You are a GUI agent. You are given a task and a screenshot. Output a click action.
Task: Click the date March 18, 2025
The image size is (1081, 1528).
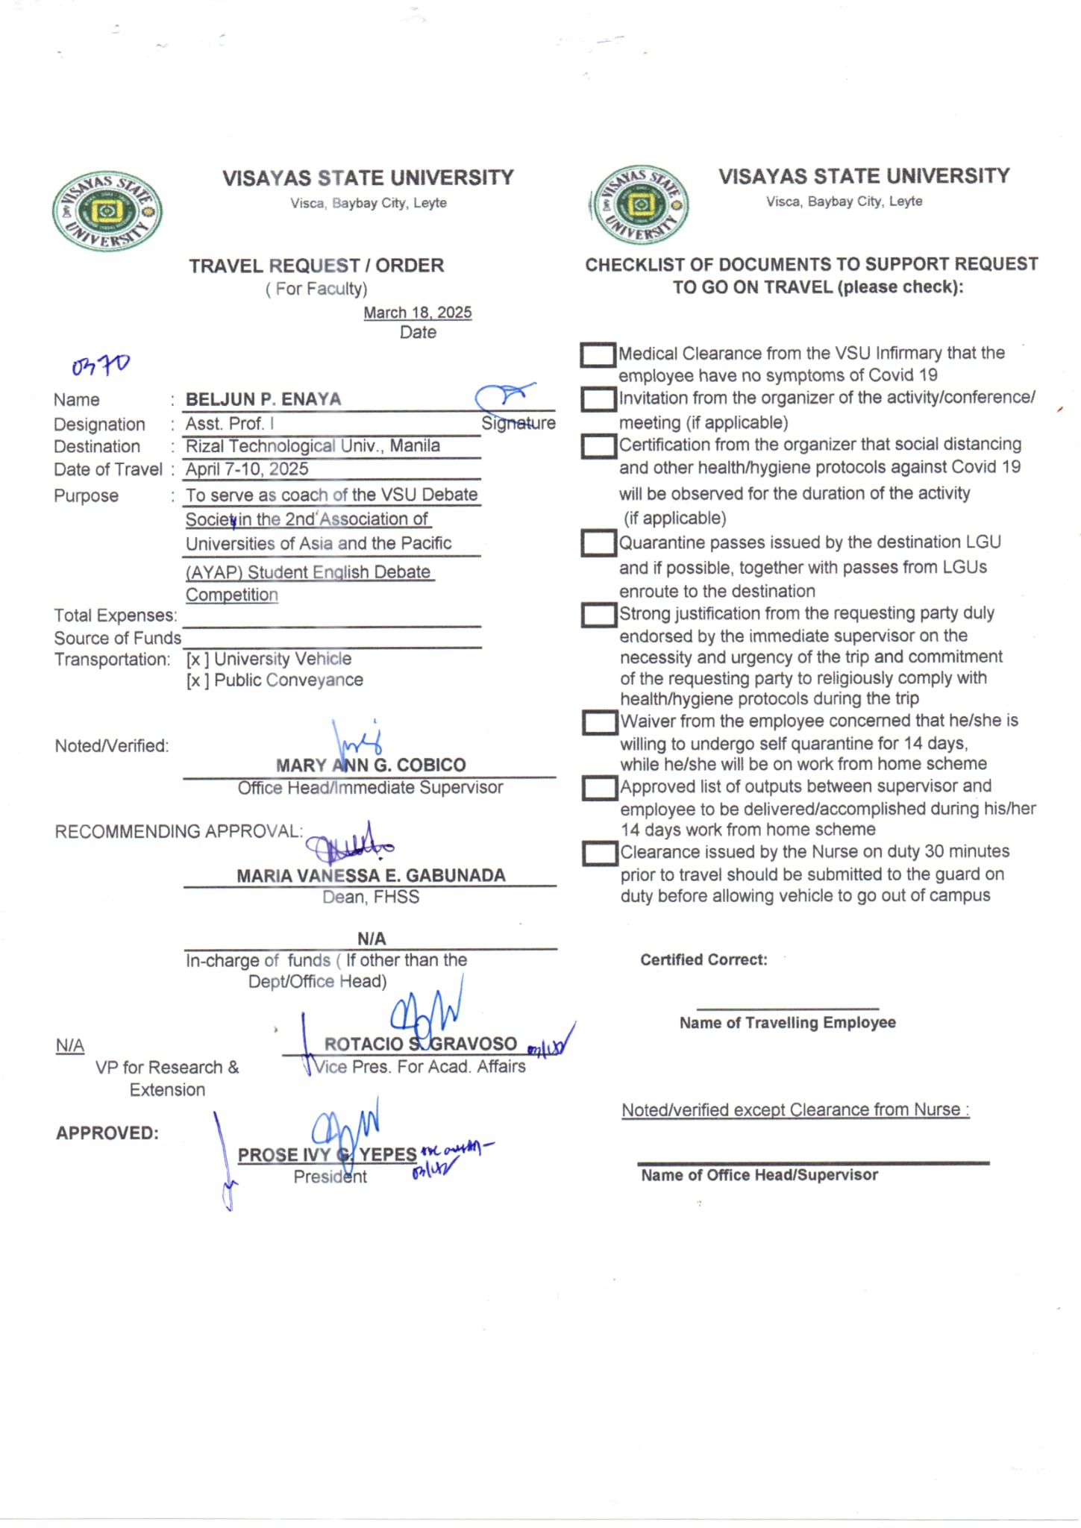[417, 313]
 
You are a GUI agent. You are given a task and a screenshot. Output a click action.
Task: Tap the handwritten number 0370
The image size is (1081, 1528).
[101, 365]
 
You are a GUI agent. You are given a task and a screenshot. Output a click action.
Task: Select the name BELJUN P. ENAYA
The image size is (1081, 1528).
[263, 399]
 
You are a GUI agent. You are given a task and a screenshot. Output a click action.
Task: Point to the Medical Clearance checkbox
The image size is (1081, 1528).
[598, 354]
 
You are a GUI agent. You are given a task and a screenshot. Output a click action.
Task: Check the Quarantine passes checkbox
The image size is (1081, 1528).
[598, 543]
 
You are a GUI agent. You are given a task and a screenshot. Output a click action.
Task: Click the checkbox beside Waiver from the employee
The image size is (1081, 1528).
[599, 722]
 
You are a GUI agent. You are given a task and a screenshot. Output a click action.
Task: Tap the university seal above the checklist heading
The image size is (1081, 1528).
[639, 204]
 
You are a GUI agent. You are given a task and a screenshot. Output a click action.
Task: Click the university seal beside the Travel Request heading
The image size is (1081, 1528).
[107, 211]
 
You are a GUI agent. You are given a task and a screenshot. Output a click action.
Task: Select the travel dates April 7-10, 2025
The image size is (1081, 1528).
[247, 469]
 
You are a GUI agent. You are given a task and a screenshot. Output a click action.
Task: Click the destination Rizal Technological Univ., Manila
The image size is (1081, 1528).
[313, 446]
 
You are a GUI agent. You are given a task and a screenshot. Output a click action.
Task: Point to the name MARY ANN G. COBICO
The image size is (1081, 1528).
[371, 765]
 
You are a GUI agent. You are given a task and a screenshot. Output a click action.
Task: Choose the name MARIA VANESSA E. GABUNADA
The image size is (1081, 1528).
[371, 875]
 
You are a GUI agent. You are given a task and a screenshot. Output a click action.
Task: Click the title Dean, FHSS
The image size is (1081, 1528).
[371, 897]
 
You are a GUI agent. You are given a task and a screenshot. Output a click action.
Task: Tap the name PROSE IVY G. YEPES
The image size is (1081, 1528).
[327, 1155]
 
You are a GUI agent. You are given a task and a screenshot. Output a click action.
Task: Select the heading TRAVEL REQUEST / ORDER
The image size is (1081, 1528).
[316, 266]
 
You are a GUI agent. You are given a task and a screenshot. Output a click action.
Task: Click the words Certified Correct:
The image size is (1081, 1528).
[704, 960]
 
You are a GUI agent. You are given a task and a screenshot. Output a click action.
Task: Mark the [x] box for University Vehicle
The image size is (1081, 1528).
[198, 660]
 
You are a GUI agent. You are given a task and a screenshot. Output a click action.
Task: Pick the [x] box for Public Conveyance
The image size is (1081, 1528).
[198, 680]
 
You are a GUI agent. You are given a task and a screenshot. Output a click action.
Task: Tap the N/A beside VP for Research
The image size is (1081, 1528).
[70, 1045]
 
